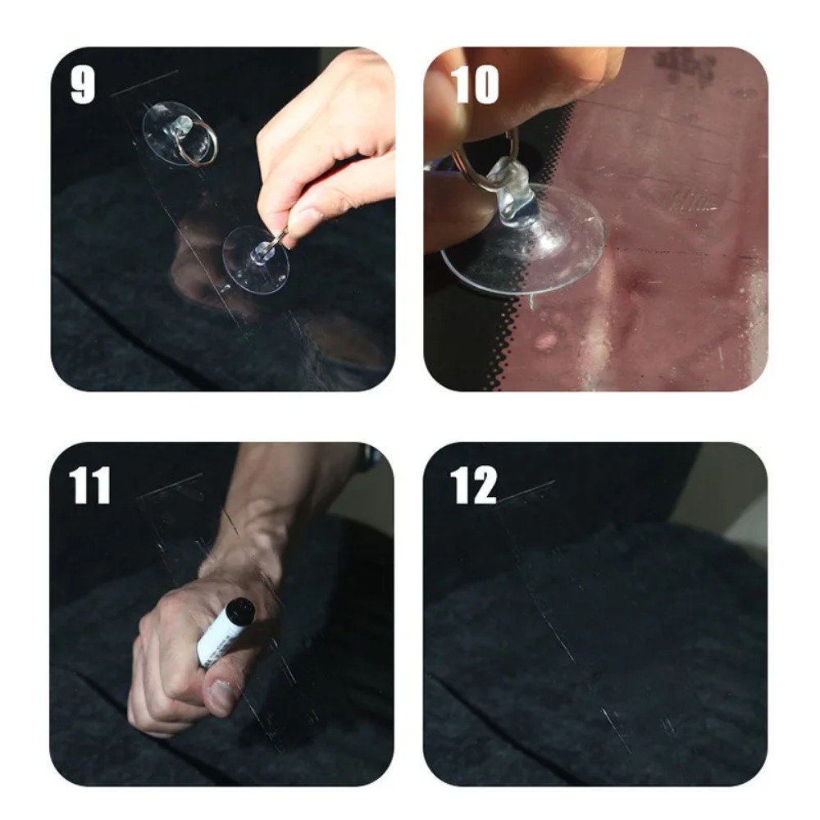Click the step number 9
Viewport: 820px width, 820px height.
[83, 84]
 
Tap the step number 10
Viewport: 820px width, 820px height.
[475, 84]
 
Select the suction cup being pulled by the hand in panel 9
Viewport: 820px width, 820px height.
[256, 260]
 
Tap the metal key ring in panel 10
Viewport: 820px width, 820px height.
[484, 164]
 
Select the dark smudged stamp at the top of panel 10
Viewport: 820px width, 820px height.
[685, 66]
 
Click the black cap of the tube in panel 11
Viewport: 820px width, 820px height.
[240, 608]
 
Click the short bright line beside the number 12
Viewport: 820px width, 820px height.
[526, 490]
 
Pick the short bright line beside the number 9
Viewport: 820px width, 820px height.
[144, 82]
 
